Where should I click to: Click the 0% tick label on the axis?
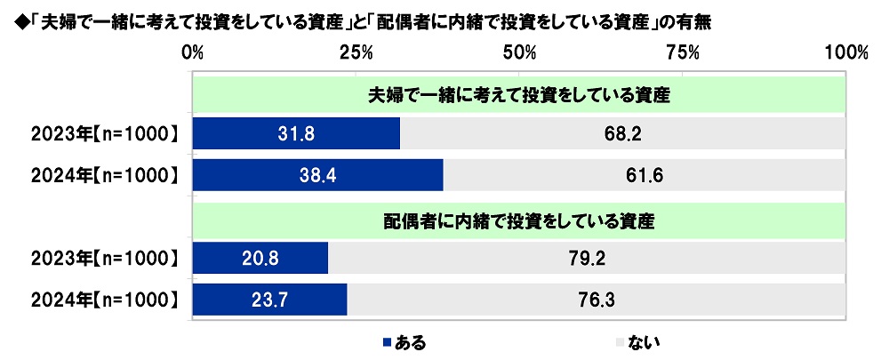point(193,52)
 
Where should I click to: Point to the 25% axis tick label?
point(356,52)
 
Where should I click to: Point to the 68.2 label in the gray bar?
point(622,134)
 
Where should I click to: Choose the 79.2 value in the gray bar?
point(585,260)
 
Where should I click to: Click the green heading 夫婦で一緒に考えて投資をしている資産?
point(518,94)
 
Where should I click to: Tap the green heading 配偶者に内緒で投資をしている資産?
point(518,220)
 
